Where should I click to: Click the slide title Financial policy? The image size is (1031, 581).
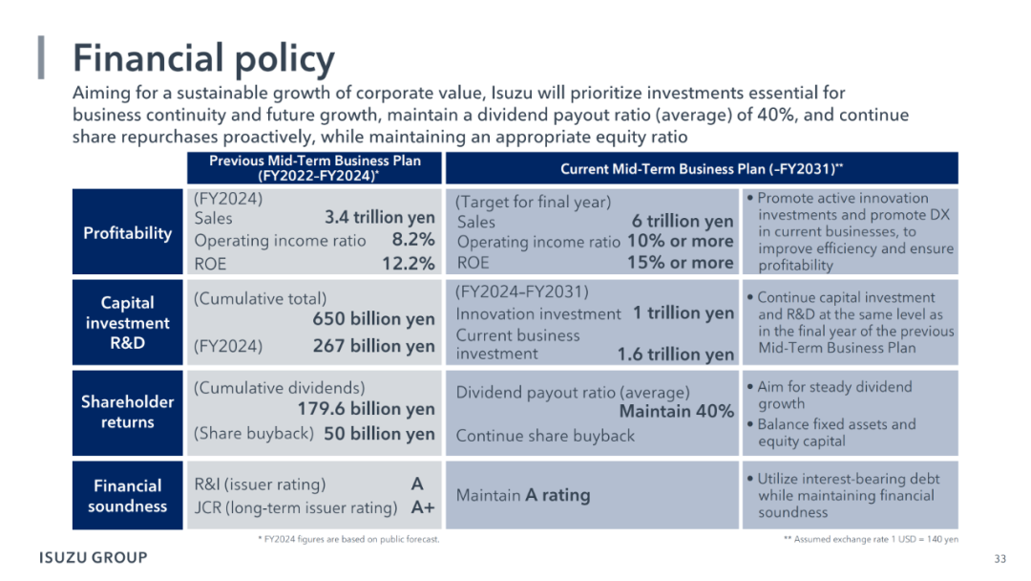203,58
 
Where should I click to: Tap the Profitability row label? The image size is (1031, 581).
128,233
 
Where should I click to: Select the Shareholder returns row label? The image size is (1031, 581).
128,412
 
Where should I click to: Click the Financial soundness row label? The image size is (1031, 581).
128,495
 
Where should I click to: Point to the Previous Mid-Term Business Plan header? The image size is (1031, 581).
315,168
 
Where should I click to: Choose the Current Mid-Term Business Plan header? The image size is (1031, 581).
702,169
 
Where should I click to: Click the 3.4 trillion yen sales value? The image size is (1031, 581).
379,218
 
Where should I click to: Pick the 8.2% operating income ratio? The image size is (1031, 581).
413,240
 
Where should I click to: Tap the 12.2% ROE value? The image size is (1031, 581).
409,264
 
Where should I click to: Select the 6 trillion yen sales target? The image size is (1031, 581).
683,221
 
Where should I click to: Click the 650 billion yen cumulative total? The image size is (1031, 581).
373,319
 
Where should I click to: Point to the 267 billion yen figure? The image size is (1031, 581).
373,346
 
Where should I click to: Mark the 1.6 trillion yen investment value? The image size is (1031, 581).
675,355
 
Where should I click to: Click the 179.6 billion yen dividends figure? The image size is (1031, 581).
366,409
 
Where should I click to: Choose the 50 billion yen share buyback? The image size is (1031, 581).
379,434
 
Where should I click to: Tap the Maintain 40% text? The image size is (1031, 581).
677,412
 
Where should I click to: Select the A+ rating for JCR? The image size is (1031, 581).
423,507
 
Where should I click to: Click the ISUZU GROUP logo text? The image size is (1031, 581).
94,557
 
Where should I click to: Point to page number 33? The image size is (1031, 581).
1000,559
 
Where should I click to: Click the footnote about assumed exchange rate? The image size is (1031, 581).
871,540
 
